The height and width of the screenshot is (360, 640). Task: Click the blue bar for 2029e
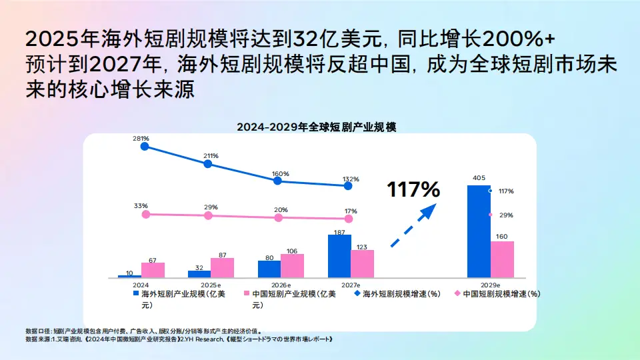[x=479, y=231]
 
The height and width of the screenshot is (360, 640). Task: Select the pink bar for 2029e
[x=502, y=259]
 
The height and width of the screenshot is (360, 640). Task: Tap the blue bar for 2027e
[x=339, y=256]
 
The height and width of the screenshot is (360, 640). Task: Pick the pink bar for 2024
[x=153, y=270]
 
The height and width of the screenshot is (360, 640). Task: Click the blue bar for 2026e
[x=269, y=269]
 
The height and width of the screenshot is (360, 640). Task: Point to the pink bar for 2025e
[x=222, y=267]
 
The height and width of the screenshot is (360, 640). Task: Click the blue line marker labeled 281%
[x=145, y=147]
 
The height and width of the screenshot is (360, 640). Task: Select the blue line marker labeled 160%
[x=278, y=181]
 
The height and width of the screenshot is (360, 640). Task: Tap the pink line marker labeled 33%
[x=146, y=214]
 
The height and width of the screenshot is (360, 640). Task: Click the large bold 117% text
[x=413, y=190]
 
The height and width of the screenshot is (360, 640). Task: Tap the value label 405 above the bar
[x=479, y=178]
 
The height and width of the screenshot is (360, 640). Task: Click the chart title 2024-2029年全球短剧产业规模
[x=316, y=127]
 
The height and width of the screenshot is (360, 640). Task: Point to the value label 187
[x=339, y=232]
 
